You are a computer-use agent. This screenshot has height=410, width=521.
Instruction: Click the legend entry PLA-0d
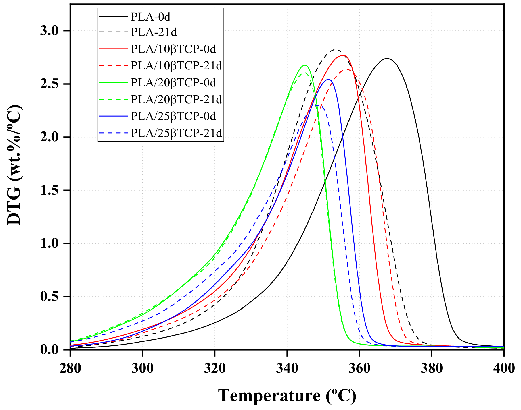coord(150,17)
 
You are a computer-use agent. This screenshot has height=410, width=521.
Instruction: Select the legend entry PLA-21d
coord(154,32)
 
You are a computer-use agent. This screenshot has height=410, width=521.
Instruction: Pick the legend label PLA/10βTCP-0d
coord(173,49)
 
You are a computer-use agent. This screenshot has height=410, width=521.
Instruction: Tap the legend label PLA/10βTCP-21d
coord(176,66)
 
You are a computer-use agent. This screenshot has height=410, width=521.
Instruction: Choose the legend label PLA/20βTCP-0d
coord(173,83)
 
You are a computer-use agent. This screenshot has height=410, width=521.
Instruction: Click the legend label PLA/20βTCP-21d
coord(176,99)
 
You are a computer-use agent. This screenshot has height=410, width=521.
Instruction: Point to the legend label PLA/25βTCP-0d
coord(173,116)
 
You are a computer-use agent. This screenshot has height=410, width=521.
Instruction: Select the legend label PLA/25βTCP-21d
coord(176,133)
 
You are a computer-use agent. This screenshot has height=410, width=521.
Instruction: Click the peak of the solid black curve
coord(387,59)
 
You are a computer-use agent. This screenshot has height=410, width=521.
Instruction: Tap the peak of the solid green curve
coord(305,65)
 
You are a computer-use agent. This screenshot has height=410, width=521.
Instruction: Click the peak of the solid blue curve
coord(328,79)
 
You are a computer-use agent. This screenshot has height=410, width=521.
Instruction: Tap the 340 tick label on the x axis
coord(287,368)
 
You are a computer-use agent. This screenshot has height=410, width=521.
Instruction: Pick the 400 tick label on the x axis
coord(504,368)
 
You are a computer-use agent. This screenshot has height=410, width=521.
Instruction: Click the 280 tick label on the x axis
coord(70,368)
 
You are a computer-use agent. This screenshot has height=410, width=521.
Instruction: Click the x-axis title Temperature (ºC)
coord(287,396)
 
